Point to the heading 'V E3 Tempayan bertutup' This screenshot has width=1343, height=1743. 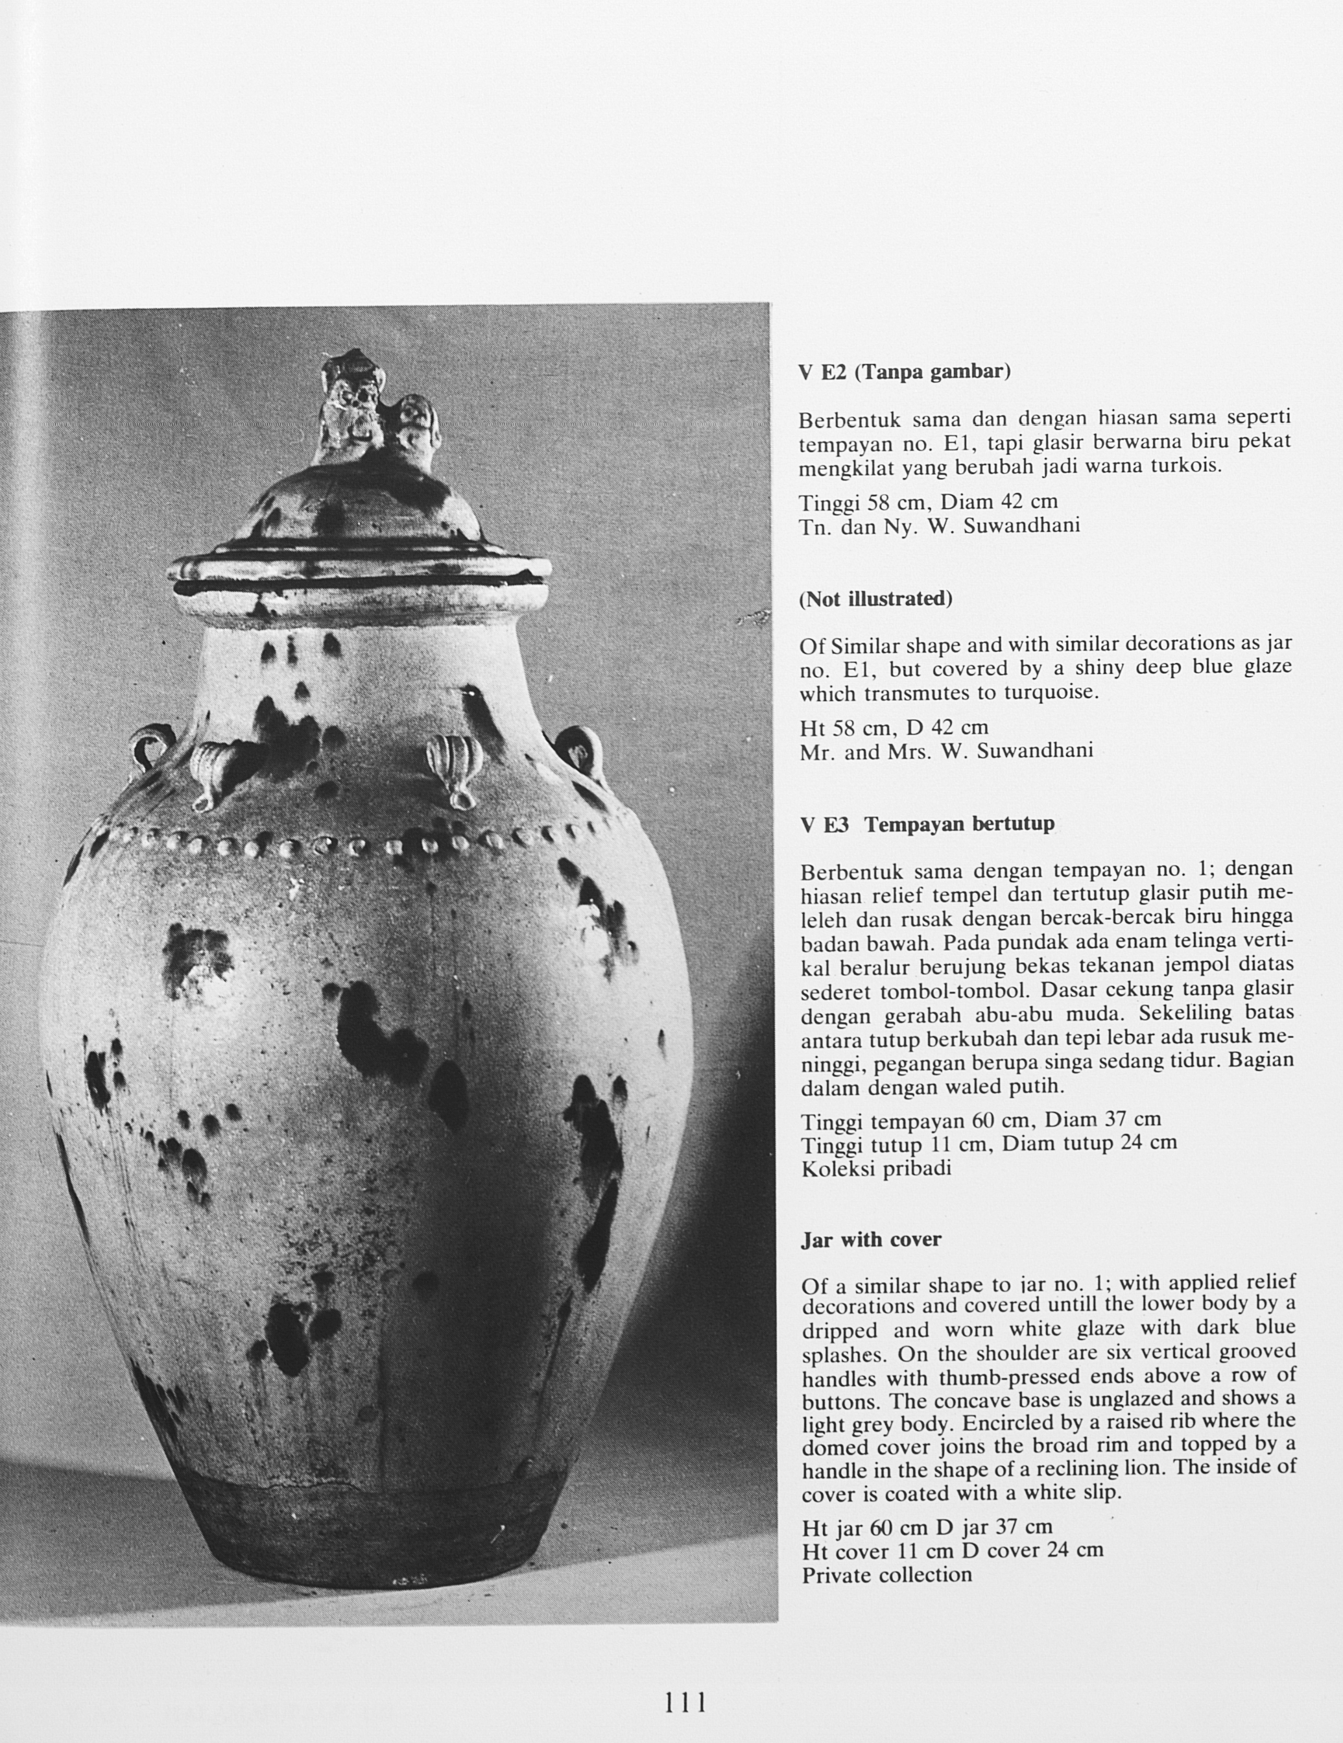point(927,824)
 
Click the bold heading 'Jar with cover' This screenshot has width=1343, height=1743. point(871,1240)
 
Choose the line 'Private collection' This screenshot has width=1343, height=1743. point(886,1574)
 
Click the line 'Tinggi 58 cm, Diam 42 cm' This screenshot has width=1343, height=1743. point(928,501)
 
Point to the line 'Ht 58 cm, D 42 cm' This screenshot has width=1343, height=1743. point(894,727)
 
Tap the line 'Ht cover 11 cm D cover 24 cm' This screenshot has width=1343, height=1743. point(953,1550)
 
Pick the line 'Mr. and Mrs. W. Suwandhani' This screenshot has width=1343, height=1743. point(945,752)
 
